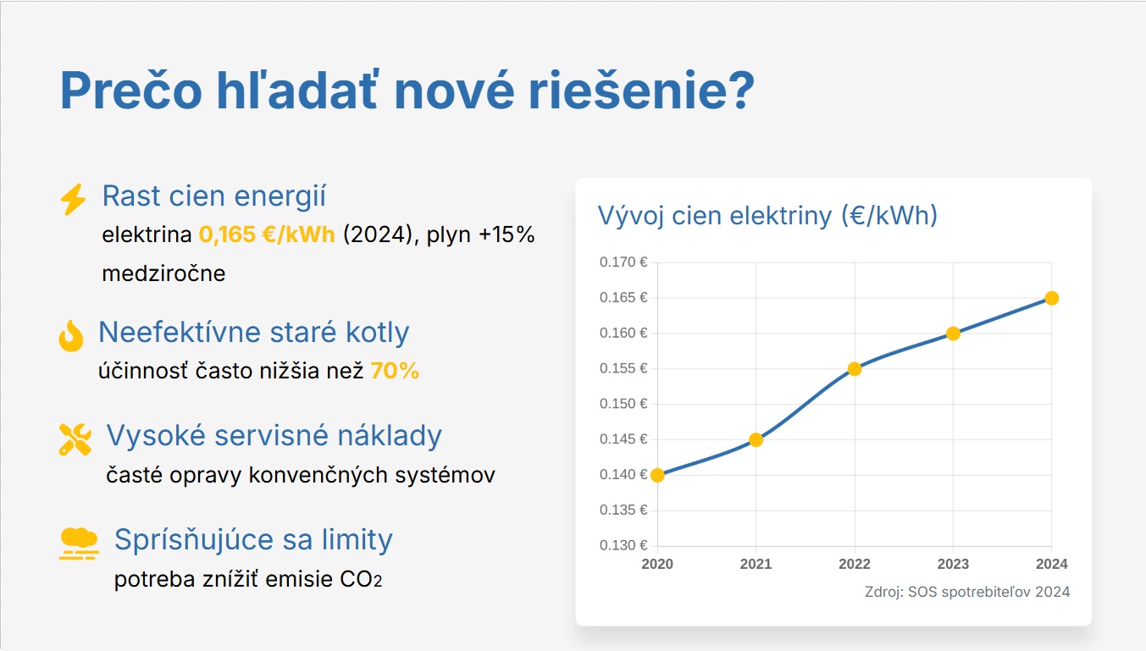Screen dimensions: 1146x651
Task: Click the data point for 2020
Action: click(657, 475)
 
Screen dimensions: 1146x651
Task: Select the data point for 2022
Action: click(855, 369)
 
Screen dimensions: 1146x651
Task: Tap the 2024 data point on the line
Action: click(1051, 298)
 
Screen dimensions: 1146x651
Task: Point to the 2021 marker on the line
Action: click(756, 440)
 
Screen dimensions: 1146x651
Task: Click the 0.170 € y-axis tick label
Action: click(623, 262)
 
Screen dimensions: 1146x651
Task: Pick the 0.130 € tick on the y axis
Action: click(623, 545)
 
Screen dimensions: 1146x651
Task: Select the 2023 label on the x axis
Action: click(953, 564)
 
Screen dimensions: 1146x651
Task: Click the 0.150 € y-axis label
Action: click(623, 404)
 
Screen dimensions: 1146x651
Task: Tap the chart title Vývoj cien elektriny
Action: click(767, 215)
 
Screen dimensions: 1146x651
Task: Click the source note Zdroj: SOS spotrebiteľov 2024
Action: click(967, 592)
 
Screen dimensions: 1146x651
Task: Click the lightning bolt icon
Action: click(73, 199)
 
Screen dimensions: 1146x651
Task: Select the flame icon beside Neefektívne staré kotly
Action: click(71, 336)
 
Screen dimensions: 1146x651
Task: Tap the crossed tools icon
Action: click(75, 439)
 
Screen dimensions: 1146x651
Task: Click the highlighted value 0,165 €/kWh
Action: click(267, 234)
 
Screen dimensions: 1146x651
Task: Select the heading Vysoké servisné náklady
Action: click(274, 436)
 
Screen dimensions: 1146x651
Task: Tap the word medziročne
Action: click(163, 273)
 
